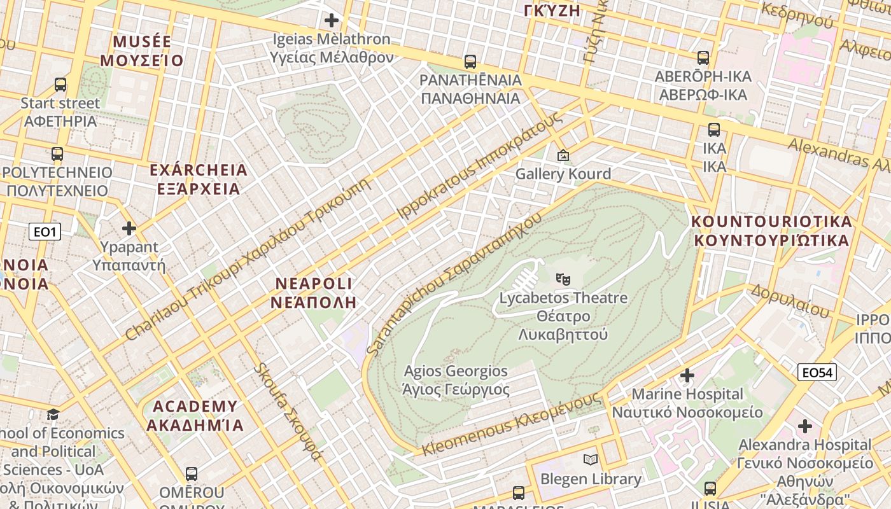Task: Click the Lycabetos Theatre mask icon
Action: (x=563, y=279)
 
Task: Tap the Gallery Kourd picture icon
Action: (x=563, y=155)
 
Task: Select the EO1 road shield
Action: (x=45, y=232)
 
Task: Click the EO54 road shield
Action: (x=817, y=372)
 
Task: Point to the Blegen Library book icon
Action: (x=591, y=459)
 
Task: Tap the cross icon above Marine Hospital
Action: (x=687, y=375)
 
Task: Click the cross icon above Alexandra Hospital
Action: (x=805, y=426)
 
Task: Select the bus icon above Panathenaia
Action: (x=470, y=62)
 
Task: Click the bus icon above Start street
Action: (x=60, y=84)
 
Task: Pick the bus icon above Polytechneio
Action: (x=57, y=154)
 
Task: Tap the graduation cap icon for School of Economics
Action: (x=53, y=415)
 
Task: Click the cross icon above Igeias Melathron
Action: (x=331, y=20)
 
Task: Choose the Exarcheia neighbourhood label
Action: (x=198, y=179)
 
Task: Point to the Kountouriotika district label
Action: (x=771, y=231)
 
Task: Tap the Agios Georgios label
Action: (x=456, y=380)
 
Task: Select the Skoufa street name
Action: (x=288, y=412)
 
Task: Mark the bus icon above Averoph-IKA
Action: (x=703, y=58)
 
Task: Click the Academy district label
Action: (x=195, y=415)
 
